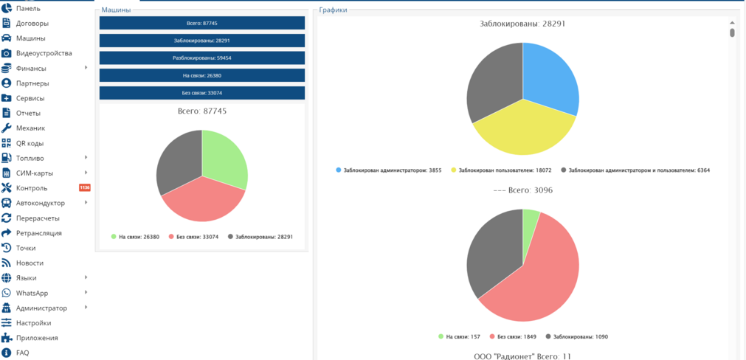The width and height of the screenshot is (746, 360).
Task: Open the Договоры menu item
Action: click(32, 24)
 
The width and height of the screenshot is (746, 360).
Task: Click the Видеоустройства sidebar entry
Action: click(44, 53)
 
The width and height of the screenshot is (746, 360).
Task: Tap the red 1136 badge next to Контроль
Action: click(84, 188)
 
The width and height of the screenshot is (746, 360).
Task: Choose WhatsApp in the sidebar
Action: click(32, 293)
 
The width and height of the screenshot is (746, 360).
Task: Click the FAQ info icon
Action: click(6, 353)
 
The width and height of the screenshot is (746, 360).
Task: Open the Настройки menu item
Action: click(33, 323)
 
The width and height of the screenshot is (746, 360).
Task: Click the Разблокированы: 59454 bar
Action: click(202, 58)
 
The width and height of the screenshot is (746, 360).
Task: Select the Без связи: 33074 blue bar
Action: click(202, 93)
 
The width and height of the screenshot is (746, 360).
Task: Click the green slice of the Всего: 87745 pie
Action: click(223, 157)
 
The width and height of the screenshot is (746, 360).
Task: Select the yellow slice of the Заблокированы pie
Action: click(523, 131)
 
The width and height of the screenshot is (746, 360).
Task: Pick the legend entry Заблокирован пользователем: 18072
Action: click(503, 170)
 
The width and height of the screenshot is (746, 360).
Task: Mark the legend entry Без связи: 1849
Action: click(513, 336)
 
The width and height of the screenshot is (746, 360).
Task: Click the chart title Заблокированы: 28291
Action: click(523, 24)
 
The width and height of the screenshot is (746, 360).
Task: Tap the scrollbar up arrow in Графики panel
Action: click(732, 22)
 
